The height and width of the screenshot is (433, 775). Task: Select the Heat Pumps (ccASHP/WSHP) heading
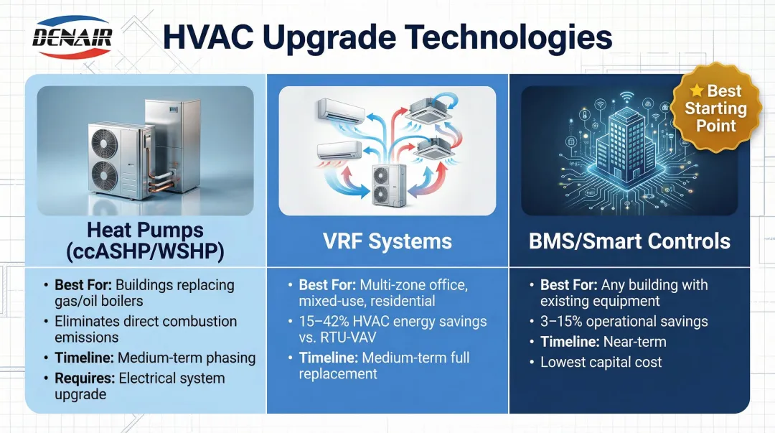pos(144,241)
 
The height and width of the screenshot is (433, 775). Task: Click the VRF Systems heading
pos(387,241)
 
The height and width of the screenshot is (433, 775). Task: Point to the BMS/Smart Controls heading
pos(629,241)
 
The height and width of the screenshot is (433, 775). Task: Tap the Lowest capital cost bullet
pos(601,362)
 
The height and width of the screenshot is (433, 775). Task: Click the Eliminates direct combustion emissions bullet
pos(146,329)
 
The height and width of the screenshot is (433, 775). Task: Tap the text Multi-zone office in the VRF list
pos(413,285)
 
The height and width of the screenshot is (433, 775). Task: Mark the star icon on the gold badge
pos(696,91)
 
